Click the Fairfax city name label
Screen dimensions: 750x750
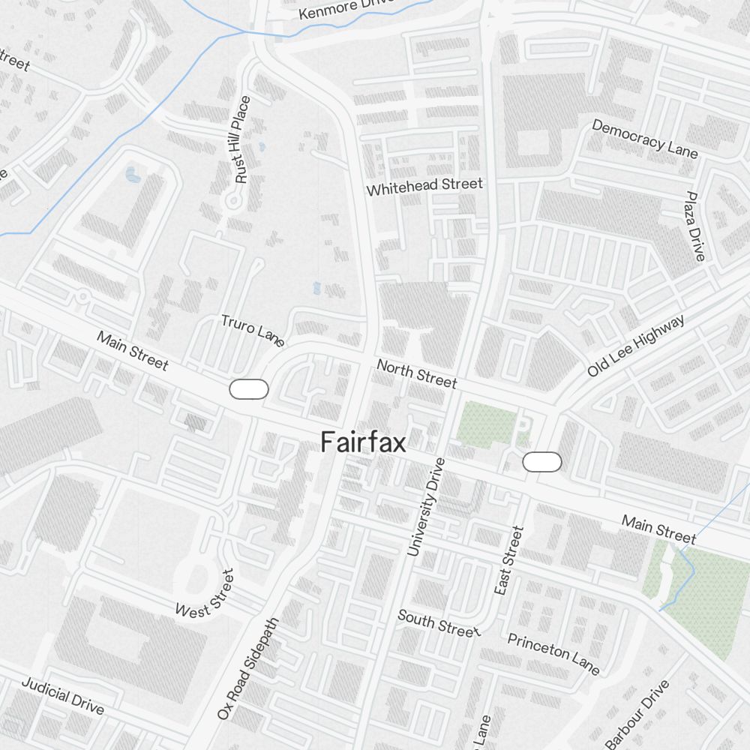pos(364,442)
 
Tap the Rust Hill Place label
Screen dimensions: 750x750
pos(241,140)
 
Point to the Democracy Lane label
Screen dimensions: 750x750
pos(645,139)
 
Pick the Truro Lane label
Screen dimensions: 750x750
pos(253,331)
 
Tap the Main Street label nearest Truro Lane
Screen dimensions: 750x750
pos(133,349)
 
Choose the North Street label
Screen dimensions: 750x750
pos(416,373)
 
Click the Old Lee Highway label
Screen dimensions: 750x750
pos(636,346)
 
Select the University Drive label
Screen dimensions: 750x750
pos(426,507)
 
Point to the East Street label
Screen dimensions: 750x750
pos(508,561)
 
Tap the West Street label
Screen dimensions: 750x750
pos(205,593)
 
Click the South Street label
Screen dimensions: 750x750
pos(438,623)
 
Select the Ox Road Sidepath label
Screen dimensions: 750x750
pos(247,669)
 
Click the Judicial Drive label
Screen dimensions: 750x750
pos(62,695)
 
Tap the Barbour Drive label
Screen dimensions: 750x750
pos(637,714)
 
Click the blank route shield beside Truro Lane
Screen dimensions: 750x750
pos(249,389)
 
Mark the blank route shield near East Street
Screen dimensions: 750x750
pos(542,462)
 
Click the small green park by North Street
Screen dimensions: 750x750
pos(487,424)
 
